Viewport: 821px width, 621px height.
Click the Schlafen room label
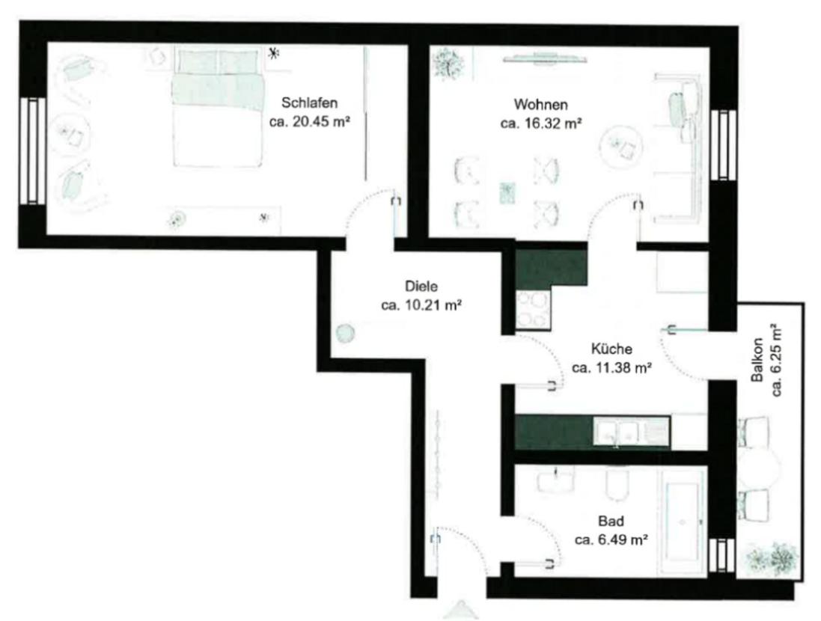309,103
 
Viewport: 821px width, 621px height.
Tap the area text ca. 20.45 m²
309,122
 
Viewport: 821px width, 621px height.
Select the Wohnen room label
541,104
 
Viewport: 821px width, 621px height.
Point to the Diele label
421,287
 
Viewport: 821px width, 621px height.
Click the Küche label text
611,349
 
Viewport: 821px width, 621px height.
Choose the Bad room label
611,521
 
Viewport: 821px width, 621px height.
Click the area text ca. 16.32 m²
541,123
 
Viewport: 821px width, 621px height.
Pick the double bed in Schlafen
217,106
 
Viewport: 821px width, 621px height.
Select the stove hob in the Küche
533,310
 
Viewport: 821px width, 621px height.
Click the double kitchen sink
618,432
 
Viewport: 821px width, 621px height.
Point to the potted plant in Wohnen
448,64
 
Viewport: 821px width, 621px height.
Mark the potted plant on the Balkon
773,559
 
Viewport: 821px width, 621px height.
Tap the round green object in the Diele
346,332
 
